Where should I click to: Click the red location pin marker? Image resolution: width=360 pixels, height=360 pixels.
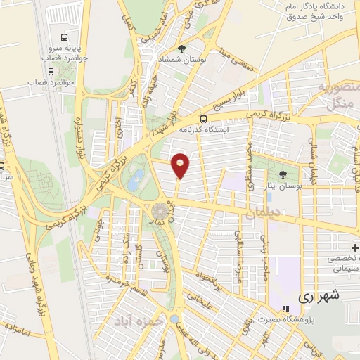[181, 165]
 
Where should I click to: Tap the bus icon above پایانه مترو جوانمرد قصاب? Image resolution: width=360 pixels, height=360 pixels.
[65, 37]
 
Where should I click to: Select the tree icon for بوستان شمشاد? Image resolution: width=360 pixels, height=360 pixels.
[182, 49]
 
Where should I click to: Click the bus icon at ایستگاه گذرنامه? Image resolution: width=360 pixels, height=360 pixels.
[203, 119]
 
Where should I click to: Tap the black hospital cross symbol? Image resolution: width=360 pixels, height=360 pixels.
[355, 247]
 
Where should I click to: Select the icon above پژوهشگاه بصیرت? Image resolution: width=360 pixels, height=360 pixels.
[285, 309]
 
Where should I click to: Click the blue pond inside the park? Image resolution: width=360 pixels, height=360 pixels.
[137, 176]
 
